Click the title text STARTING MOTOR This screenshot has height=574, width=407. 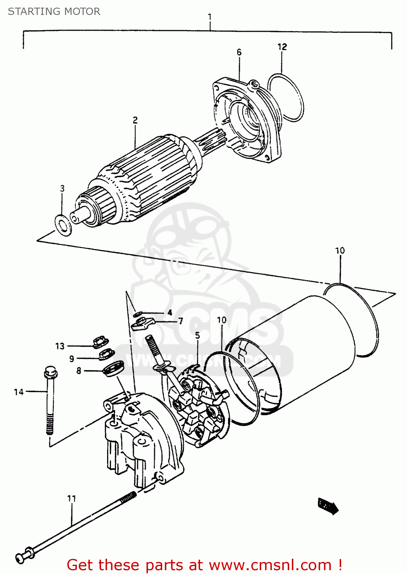[54, 11]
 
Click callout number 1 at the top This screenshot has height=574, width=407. [210, 17]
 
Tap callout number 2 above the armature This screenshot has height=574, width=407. [135, 120]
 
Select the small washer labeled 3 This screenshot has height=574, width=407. [63, 225]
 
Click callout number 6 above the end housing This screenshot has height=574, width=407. [239, 52]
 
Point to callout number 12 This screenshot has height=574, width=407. [282, 47]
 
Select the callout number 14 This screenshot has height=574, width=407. [19, 392]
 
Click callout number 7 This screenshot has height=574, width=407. [181, 321]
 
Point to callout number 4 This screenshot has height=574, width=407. [170, 313]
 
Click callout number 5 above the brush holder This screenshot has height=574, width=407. [197, 336]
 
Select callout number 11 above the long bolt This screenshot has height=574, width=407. [72, 498]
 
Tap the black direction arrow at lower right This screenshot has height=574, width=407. [328, 506]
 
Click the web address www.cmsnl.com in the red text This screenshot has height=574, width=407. [270, 565]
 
